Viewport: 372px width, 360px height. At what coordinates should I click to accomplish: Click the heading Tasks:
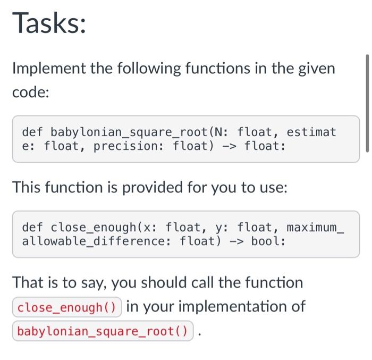click(49, 24)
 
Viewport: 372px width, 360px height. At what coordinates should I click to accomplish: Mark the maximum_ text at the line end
click(316, 228)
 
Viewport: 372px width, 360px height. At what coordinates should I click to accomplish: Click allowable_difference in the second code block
click(94, 241)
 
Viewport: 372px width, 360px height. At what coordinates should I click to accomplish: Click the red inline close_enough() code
click(67, 307)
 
